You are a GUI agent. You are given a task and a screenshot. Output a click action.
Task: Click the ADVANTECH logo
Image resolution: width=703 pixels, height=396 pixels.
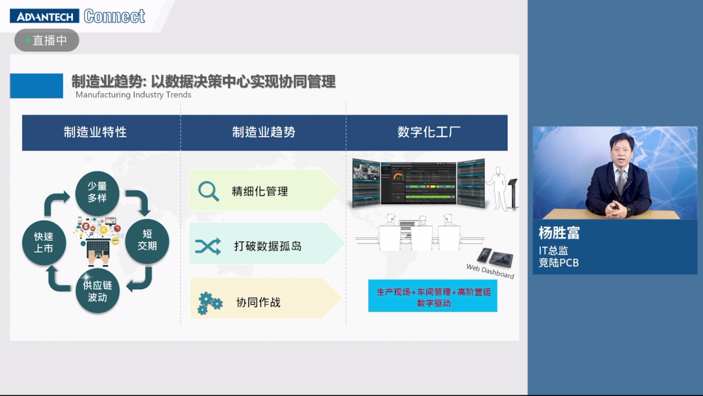click(44, 16)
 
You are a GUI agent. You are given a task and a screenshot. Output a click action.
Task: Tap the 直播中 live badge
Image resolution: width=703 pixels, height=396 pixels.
click(47, 40)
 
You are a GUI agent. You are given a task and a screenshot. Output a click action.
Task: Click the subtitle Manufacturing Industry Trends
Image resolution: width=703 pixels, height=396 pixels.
click(133, 94)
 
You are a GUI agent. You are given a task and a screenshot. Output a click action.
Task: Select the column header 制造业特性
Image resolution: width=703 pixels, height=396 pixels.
click(95, 132)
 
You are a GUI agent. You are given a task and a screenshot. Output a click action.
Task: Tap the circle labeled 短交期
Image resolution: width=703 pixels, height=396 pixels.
click(146, 240)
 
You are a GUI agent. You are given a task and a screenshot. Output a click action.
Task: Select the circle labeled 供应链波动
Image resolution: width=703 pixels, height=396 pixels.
click(98, 291)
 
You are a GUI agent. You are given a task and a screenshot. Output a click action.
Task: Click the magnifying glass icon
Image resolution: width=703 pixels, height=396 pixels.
click(208, 191)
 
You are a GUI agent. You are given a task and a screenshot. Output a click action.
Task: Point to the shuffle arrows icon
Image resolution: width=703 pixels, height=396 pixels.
click(208, 246)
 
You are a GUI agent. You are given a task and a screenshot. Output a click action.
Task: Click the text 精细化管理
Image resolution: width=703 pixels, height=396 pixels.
click(260, 191)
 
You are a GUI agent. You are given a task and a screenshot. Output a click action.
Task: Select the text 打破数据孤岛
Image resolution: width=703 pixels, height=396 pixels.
click(268, 247)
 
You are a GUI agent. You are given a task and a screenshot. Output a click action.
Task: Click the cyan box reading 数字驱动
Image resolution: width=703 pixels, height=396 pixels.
click(433, 297)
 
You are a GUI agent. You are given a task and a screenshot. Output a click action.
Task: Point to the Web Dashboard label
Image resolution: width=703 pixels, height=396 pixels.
click(489, 271)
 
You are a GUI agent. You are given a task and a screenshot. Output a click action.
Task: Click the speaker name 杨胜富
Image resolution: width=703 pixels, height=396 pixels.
click(559, 233)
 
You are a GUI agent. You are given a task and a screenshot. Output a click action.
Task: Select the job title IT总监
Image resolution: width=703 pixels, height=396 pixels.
click(553, 251)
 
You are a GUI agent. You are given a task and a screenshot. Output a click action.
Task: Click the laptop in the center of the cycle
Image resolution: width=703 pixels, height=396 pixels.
click(98, 248)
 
